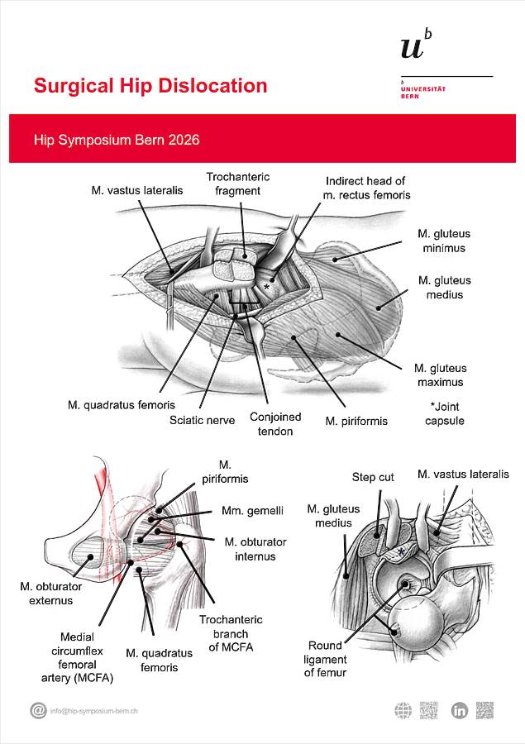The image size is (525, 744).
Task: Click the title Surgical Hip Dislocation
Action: (x=150, y=86)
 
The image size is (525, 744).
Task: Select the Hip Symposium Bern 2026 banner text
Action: (x=117, y=140)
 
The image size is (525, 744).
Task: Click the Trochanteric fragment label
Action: (x=237, y=184)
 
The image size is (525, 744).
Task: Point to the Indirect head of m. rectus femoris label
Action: (x=367, y=188)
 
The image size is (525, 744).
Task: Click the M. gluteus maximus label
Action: (x=440, y=375)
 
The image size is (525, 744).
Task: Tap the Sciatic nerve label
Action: (x=203, y=420)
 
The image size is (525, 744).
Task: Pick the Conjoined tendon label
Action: (x=275, y=424)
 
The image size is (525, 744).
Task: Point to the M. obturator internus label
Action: (x=255, y=549)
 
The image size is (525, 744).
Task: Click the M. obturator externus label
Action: (x=47, y=593)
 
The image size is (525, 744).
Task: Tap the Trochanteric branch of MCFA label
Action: (x=231, y=633)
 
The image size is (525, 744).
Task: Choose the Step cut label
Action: (x=374, y=477)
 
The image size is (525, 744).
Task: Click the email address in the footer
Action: (x=93, y=711)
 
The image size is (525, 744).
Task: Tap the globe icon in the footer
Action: (x=403, y=710)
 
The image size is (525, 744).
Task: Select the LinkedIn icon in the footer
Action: (x=460, y=710)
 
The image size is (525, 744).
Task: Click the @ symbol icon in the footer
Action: (x=38, y=710)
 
